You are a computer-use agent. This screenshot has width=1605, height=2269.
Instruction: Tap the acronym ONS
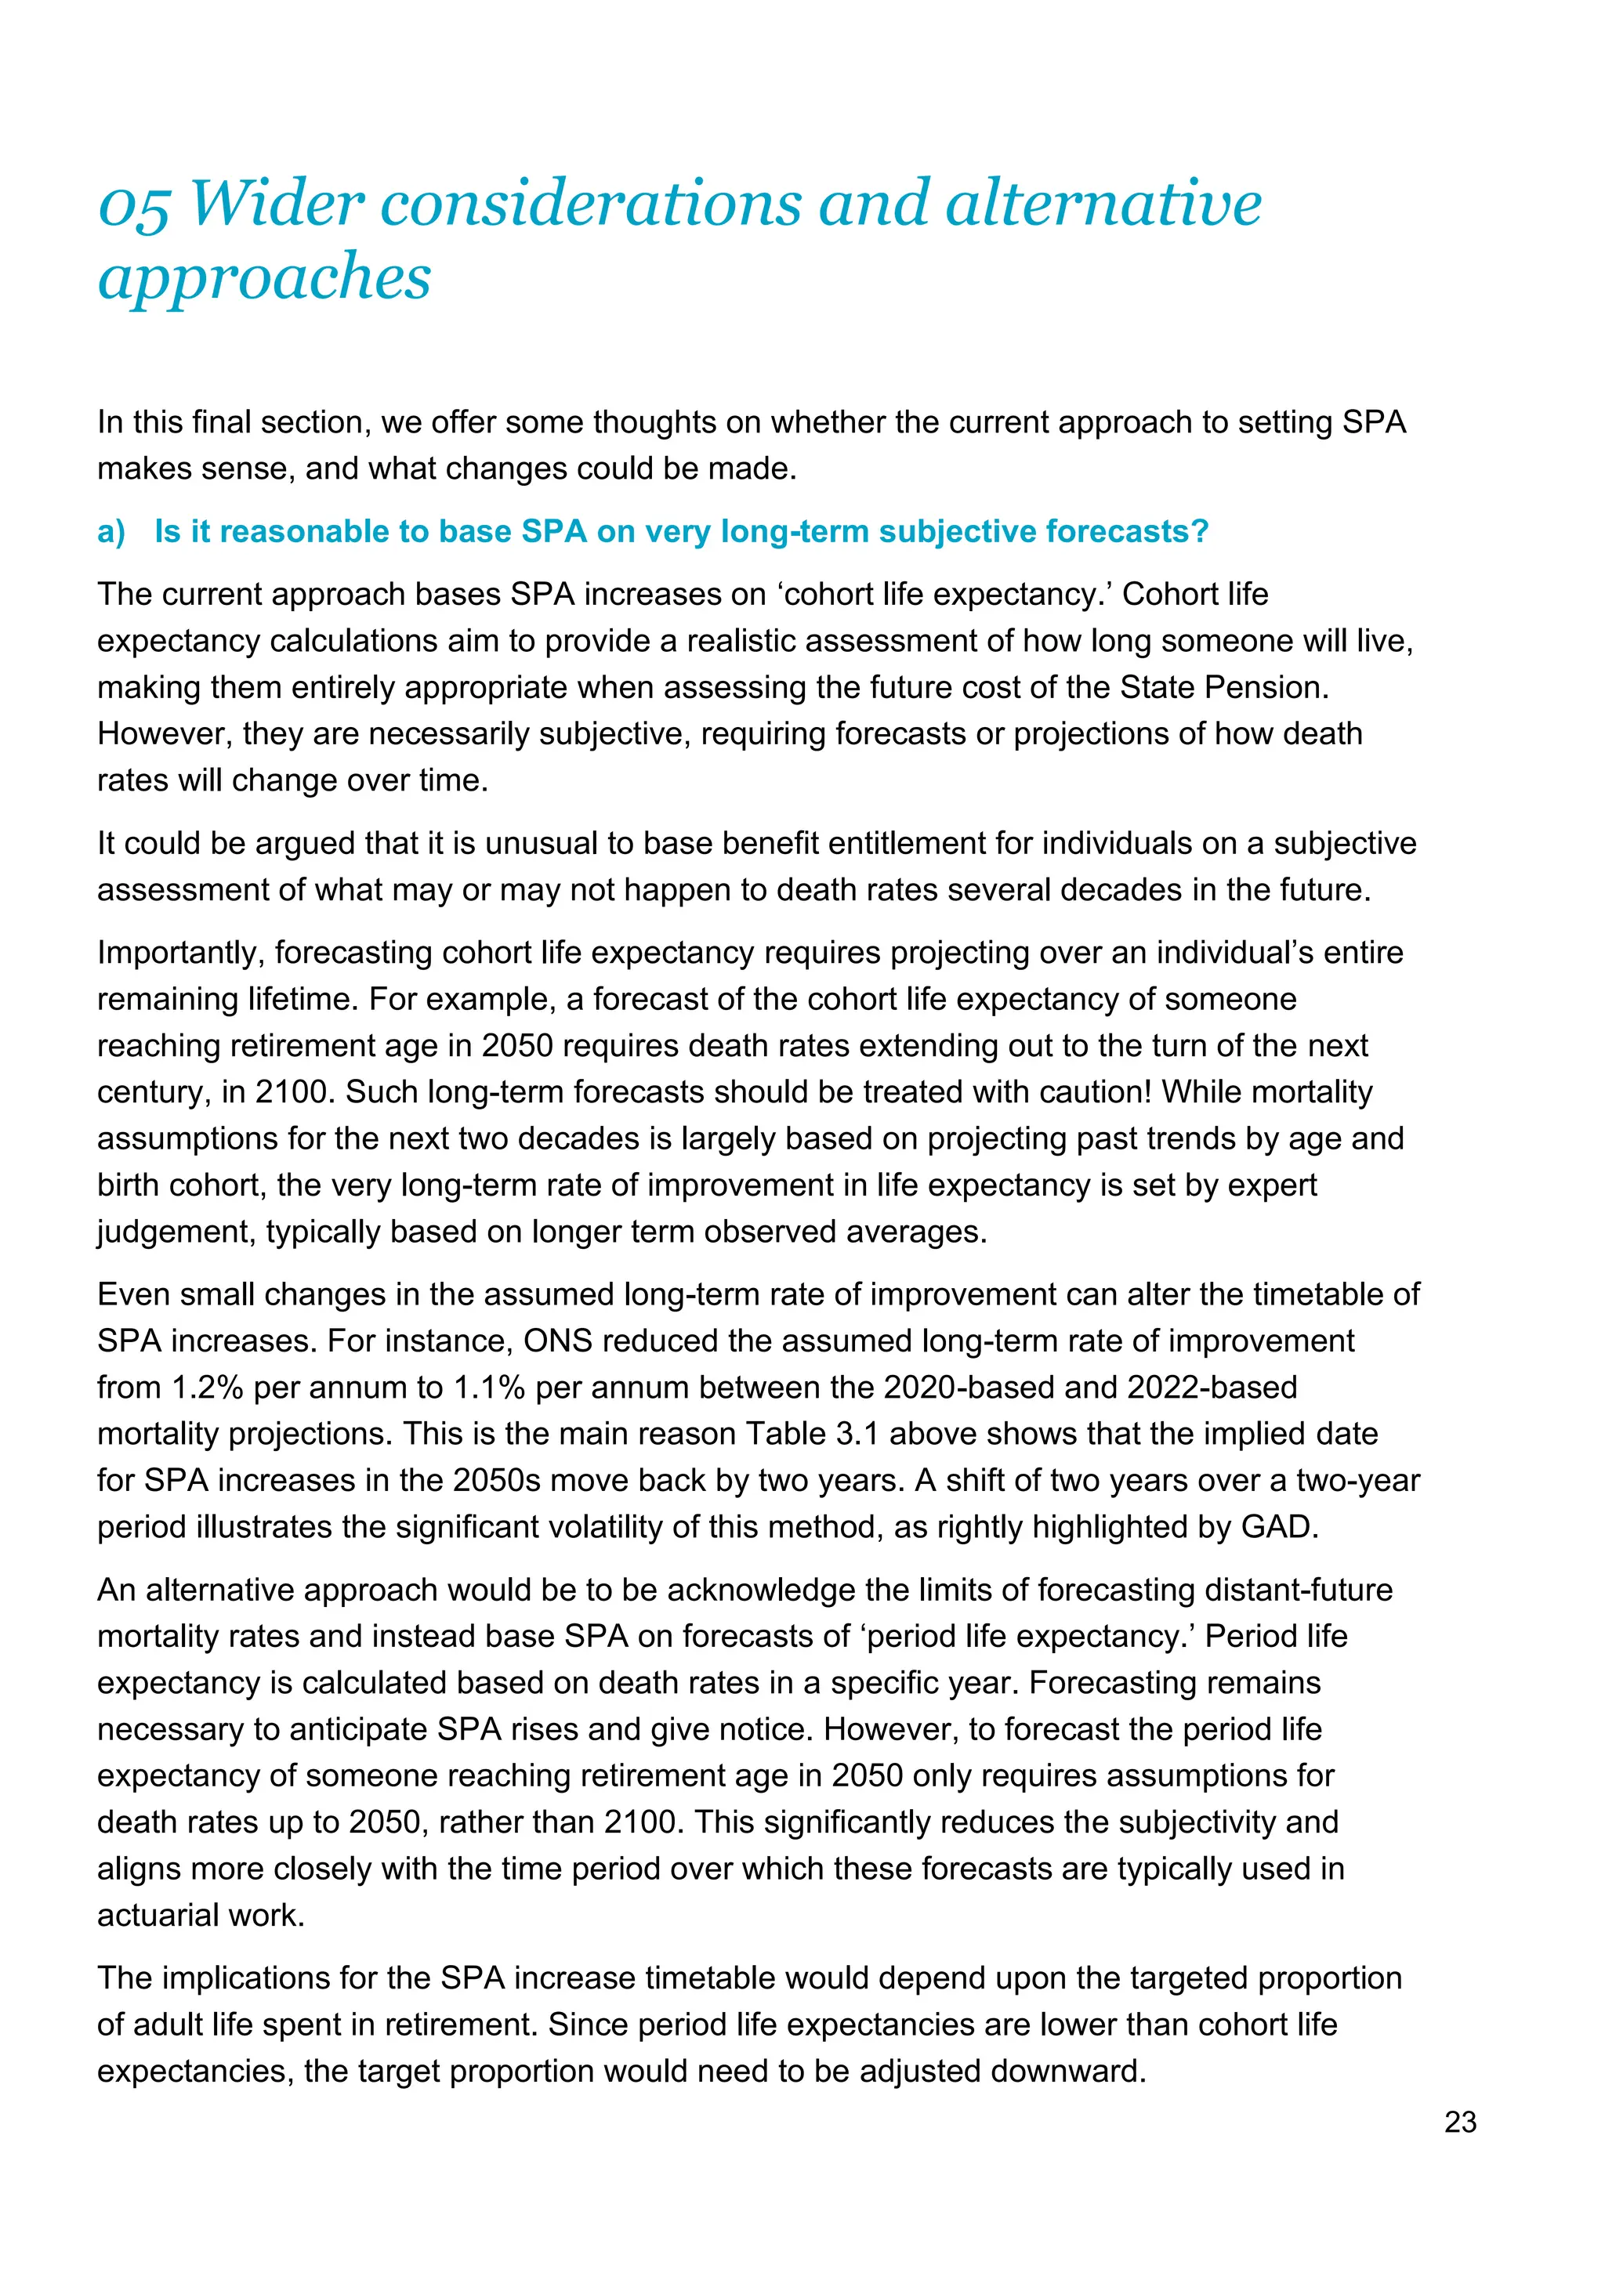point(557,1341)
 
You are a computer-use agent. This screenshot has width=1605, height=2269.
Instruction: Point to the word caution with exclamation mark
point(1096,1092)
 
